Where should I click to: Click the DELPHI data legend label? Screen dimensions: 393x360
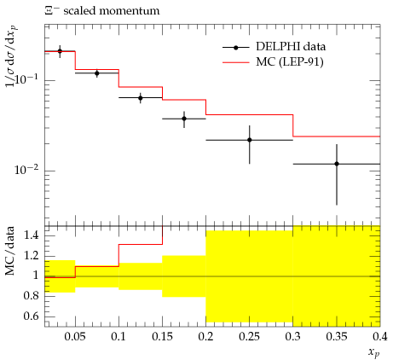[x=291, y=46]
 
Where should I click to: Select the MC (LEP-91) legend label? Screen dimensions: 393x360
[x=290, y=61]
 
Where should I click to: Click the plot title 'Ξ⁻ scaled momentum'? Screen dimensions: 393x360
[x=102, y=11]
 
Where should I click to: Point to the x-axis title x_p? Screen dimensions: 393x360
[x=373, y=352]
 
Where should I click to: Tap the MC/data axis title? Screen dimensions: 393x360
[x=10, y=251]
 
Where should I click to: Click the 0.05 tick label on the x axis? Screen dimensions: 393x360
[x=75, y=337]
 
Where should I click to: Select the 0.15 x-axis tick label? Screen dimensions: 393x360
[x=162, y=337]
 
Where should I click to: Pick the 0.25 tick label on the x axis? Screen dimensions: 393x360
[x=249, y=337]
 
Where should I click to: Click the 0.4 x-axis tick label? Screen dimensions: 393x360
[x=380, y=337]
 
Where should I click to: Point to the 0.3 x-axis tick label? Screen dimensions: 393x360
[x=292, y=337]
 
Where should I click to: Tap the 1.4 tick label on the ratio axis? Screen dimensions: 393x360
[x=32, y=235]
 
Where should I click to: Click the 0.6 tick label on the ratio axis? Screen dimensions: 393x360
[x=32, y=316]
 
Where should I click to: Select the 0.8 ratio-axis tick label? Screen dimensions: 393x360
[x=32, y=296]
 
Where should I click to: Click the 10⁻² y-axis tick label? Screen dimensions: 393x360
[x=26, y=170]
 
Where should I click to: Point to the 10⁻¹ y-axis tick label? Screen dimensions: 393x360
[x=26, y=79]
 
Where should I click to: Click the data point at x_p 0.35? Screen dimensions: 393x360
[x=337, y=164]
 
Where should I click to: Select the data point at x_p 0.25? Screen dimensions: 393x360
[x=250, y=140]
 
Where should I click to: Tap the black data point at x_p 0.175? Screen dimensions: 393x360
[x=184, y=119]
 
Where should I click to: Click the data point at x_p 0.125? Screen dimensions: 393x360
[x=141, y=98]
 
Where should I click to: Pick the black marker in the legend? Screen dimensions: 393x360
[x=235, y=48]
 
